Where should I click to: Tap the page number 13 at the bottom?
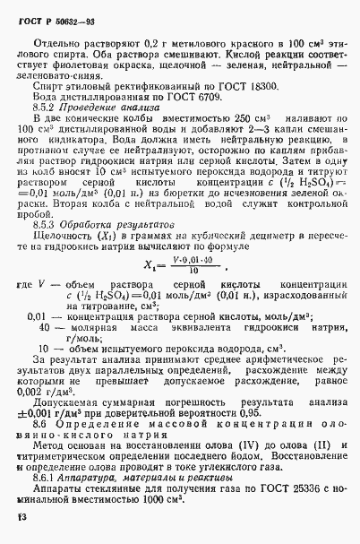click(x=22, y=517)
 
